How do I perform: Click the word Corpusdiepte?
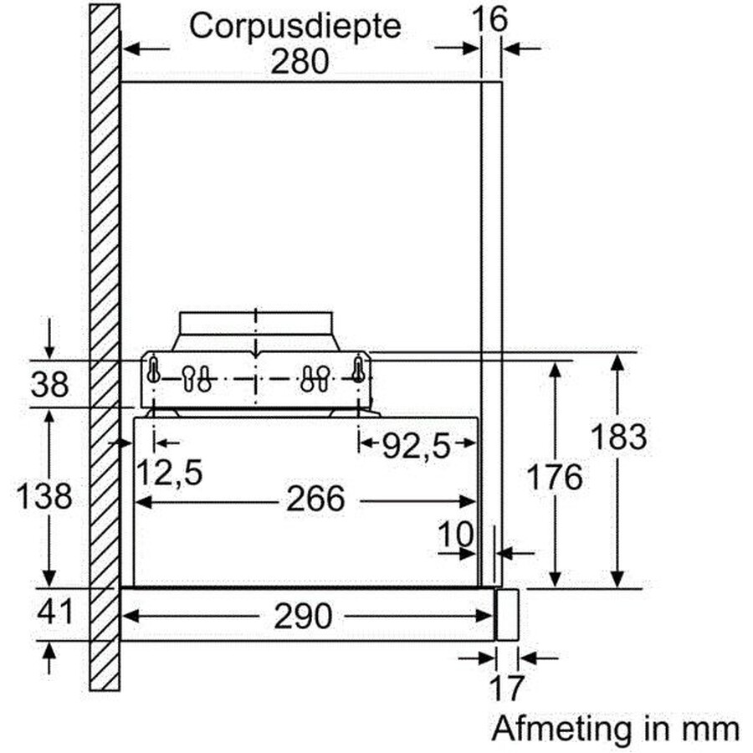[x=295, y=27]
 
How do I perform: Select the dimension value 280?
[x=300, y=61]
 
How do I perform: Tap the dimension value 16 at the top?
[x=489, y=19]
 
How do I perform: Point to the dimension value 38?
[x=49, y=384]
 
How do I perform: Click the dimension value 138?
[x=44, y=495]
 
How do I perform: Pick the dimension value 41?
[x=55, y=612]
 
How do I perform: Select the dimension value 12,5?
[x=170, y=473]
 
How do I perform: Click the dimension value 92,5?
[x=417, y=447]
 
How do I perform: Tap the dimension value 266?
[x=315, y=499]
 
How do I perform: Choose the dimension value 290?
[x=303, y=616]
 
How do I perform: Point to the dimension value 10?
[x=456, y=534]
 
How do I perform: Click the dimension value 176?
[x=555, y=477]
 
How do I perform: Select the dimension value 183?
[x=618, y=437]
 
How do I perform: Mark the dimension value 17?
[x=506, y=689]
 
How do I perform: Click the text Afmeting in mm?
[x=616, y=729]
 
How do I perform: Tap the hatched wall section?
[x=105, y=347]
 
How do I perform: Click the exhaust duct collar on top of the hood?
[x=255, y=330]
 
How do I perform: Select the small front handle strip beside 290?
[x=507, y=615]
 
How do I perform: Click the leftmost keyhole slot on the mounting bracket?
[x=153, y=369]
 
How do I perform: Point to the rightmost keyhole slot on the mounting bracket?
[x=358, y=369]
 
